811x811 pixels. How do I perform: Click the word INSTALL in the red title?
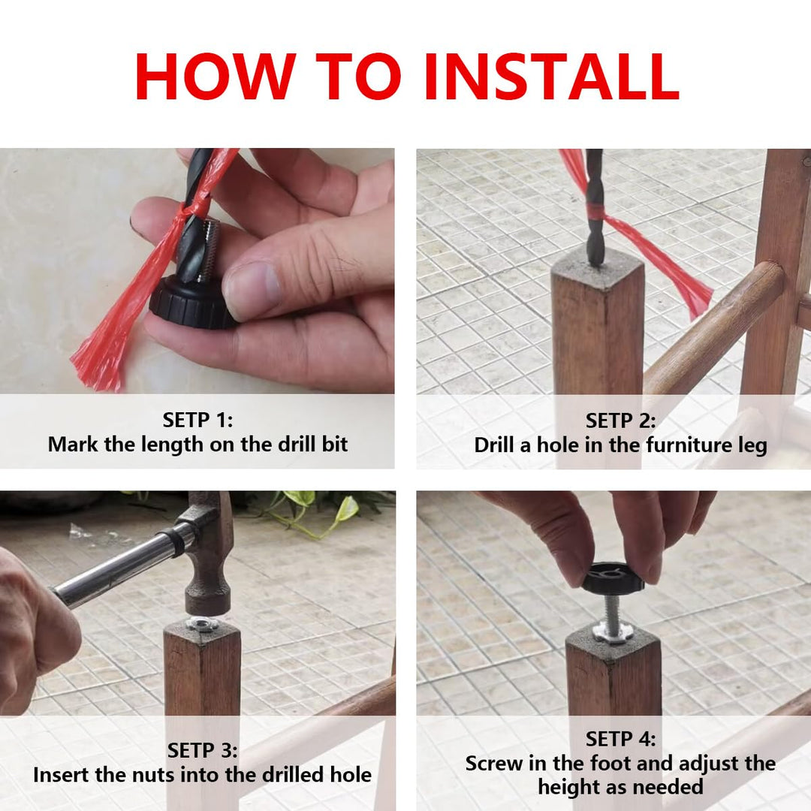tap(552, 76)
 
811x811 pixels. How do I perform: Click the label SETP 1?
tap(197, 420)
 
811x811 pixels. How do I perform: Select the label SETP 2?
tap(620, 421)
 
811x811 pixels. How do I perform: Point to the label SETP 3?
tap(202, 750)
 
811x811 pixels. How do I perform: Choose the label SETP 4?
tap(620, 739)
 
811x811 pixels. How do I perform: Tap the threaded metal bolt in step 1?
tap(210, 249)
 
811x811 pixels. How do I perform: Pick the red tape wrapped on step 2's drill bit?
tap(595, 210)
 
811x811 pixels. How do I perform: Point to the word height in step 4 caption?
tap(567, 787)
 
